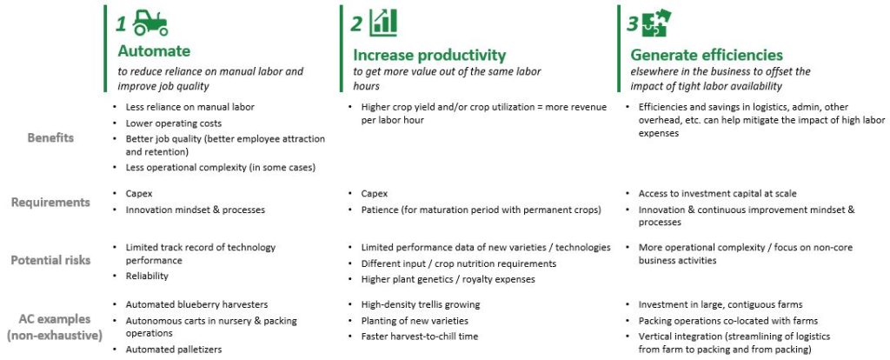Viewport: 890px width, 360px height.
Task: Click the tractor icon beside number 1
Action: point(150,23)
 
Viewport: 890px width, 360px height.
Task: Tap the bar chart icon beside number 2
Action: point(383,23)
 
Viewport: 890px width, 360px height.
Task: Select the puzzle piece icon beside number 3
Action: point(656,23)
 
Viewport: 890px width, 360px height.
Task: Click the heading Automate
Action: point(154,51)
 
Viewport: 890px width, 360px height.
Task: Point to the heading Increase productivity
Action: point(429,55)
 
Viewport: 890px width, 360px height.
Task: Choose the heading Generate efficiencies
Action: point(707,55)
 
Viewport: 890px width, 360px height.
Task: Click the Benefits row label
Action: point(50,138)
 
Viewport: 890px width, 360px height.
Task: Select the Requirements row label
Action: point(50,203)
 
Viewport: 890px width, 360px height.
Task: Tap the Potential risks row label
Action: point(50,261)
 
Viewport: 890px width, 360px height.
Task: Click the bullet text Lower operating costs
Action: point(174,123)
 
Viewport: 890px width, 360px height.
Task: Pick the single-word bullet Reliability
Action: point(147,276)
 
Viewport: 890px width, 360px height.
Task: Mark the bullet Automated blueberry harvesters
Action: point(196,304)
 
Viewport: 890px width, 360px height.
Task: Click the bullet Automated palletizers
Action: point(174,350)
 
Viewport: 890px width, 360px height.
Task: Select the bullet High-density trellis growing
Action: point(421,304)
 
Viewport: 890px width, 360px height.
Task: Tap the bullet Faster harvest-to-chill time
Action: point(420,337)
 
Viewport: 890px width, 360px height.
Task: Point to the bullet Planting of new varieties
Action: point(415,321)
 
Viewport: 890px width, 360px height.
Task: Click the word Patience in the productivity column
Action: point(379,210)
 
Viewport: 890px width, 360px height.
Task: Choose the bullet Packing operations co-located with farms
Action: point(728,321)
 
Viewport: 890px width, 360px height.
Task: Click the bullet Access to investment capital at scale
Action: point(717,194)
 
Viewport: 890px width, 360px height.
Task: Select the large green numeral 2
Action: point(355,23)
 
